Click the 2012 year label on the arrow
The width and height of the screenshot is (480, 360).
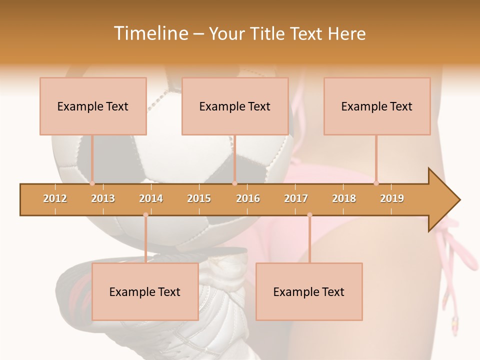coord(55,198)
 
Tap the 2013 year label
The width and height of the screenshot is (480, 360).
coord(103,198)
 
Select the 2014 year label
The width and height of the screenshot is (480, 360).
coord(151,198)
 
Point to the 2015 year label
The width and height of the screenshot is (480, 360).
coord(199,198)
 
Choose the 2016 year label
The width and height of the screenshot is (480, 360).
coord(248,198)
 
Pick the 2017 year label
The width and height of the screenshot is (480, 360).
coord(296,198)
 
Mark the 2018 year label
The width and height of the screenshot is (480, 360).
coord(344,198)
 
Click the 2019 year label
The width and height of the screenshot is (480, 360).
coord(392,198)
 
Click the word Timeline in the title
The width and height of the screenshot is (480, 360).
coord(150,33)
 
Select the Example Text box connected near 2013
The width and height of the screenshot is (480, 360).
coord(93,106)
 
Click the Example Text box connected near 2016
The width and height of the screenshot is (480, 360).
coord(235,106)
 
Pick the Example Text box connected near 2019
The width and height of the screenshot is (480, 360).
coord(377,106)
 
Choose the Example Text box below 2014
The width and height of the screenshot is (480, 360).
coord(145,291)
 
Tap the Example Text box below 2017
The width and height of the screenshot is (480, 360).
coord(309,291)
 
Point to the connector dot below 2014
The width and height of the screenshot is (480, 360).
coord(145,215)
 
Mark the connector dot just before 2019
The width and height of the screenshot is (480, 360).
coord(376,183)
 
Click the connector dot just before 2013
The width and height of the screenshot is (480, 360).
coord(92,183)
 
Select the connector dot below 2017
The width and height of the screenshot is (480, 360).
coord(309,215)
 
